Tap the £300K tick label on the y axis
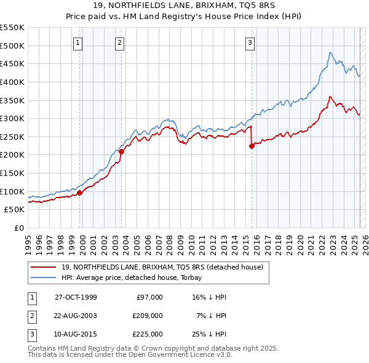[x=12, y=118]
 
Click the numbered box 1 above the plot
[x=79, y=43]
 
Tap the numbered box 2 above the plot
[x=120, y=43]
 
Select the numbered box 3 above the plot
[x=250, y=43]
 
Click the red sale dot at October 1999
[x=80, y=193]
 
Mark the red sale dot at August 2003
[x=121, y=151]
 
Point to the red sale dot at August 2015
[x=252, y=146]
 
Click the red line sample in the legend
[x=42, y=267]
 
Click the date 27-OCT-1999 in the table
[x=76, y=297]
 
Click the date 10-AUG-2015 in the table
[x=76, y=334]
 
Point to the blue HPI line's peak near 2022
[x=330, y=52]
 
